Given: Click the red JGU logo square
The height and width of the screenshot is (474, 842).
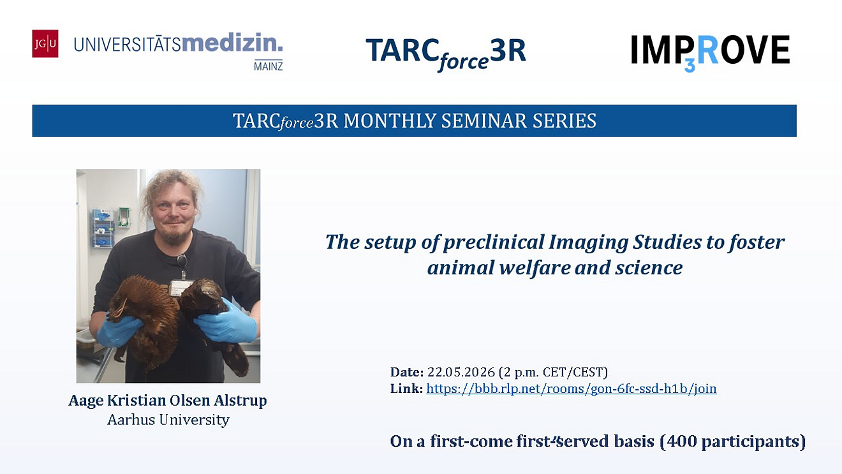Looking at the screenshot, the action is point(45,43).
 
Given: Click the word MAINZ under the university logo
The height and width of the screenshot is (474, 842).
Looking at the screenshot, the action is point(269,66).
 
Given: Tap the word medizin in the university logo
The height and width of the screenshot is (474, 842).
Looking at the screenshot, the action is point(232,43).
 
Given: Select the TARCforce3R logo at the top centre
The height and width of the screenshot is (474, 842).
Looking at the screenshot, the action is point(446,54).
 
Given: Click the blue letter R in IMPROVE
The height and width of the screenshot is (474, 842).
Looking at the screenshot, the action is point(707,49).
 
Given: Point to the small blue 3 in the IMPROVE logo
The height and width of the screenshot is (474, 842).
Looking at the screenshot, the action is point(690,66).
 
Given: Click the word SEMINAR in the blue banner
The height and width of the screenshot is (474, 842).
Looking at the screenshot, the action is point(483,121).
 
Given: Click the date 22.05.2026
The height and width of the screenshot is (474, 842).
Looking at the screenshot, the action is point(461,372).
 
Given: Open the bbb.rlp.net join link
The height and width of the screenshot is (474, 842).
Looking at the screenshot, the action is point(572,389).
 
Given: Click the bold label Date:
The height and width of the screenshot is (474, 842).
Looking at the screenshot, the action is point(407,372).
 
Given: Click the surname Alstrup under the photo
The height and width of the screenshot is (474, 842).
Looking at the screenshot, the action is point(240,401).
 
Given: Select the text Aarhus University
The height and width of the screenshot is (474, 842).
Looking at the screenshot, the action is point(168,420).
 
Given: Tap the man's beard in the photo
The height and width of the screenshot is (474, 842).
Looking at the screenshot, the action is point(174,237).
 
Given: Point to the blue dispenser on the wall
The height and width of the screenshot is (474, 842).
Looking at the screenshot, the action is point(103,228).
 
